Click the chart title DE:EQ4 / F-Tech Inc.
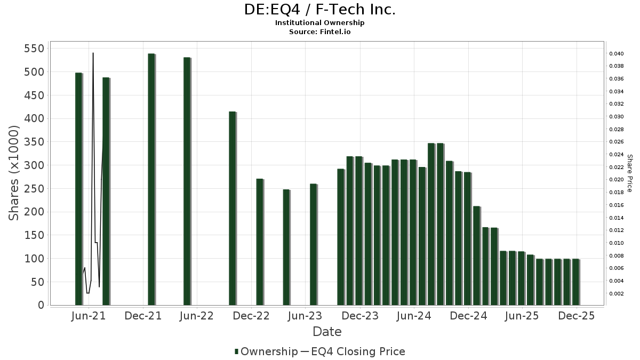coord(320,10)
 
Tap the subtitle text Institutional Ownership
coord(320,23)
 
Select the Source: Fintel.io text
coord(320,32)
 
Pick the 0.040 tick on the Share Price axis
coord(617,54)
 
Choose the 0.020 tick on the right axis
coord(617,180)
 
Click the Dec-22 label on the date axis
coord(252,316)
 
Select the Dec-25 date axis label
coord(576,316)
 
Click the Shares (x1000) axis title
coord(14,173)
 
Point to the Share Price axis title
coord(629,173)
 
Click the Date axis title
coord(327,332)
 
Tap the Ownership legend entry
coord(266,351)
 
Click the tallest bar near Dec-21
coord(151,179)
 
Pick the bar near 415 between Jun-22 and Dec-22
coord(232,208)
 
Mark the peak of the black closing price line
coord(93,53)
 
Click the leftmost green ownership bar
coord(78,189)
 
